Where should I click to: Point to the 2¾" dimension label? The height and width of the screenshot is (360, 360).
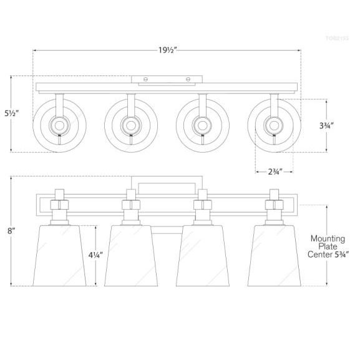point(273,171)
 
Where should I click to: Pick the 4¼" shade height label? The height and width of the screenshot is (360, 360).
point(95,255)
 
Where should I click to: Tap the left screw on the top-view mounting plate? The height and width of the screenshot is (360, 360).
point(146,79)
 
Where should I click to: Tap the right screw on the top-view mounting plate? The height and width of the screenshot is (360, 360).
point(188,79)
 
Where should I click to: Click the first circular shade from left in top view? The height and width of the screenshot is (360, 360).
point(59,125)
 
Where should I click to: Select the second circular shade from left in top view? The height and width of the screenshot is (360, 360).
point(131,125)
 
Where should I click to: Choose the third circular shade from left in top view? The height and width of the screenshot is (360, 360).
point(203,125)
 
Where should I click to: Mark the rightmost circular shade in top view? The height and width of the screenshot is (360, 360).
point(274,125)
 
